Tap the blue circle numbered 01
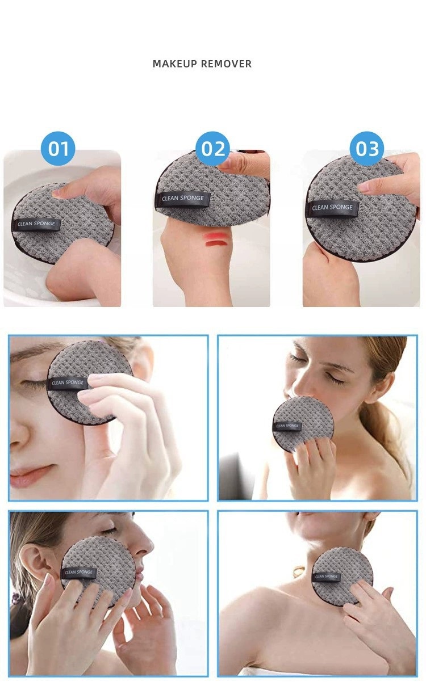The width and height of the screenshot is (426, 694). tap(58, 149)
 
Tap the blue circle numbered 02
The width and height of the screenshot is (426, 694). tap(213, 149)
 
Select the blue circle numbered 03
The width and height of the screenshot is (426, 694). tap(366, 149)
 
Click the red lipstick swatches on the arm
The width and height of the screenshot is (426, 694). tap(215, 239)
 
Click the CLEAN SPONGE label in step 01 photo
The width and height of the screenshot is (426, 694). tap(36, 224)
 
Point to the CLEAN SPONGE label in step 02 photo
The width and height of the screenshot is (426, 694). tap(183, 199)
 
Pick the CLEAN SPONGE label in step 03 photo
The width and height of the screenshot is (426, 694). tap(333, 208)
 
